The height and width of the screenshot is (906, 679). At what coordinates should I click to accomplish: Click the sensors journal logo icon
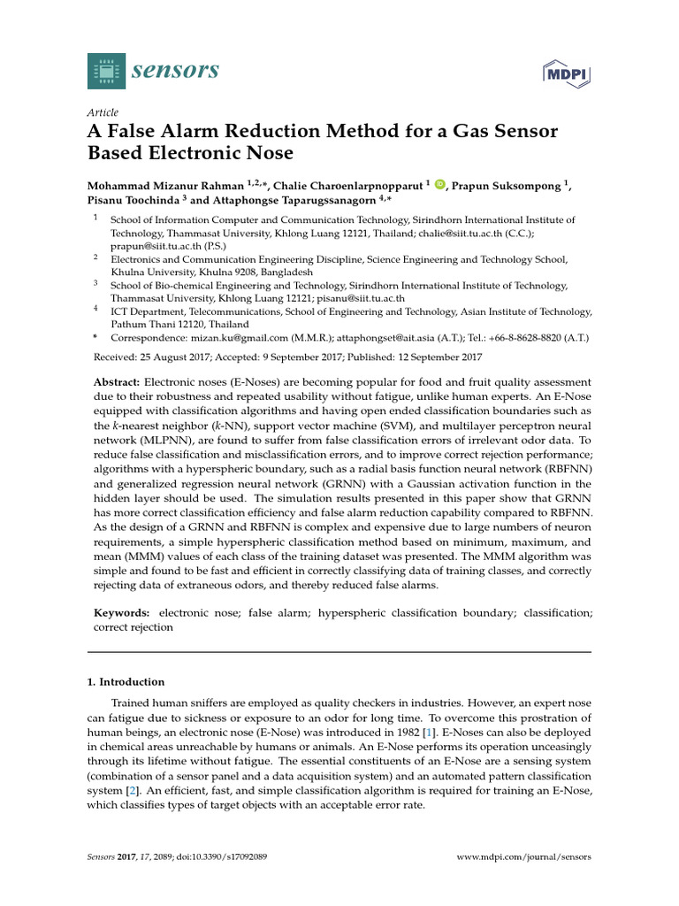coord(107,70)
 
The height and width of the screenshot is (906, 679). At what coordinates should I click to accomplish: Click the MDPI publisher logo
coord(565,73)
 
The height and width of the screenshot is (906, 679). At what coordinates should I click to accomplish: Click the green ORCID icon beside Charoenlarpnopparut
coord(440,184)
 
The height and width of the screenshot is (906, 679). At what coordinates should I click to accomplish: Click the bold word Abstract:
coord(123,379)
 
